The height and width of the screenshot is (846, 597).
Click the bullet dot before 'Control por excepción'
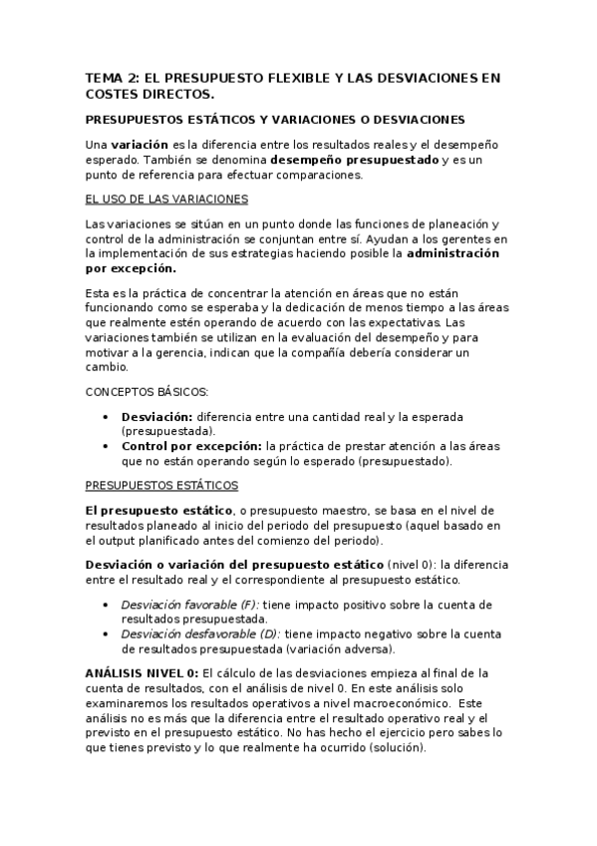[x=108, y=447]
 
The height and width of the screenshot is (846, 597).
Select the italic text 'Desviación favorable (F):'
[x=189, y=605]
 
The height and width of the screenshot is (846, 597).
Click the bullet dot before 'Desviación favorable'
[x=108, y=605]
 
